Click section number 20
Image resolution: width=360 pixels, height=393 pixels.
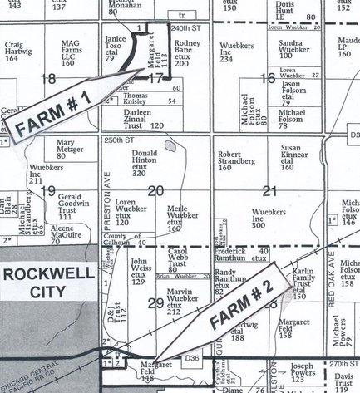[155, 190]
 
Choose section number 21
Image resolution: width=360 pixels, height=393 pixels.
[268, 190]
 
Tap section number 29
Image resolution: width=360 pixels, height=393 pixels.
[155, 303]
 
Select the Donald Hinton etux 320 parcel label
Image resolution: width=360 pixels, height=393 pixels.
[145, 164]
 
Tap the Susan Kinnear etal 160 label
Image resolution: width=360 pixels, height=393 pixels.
[296, 157]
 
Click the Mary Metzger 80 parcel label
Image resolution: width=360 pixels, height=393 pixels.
[72, 148]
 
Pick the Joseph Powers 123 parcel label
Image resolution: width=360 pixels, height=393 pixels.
[303, 371]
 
